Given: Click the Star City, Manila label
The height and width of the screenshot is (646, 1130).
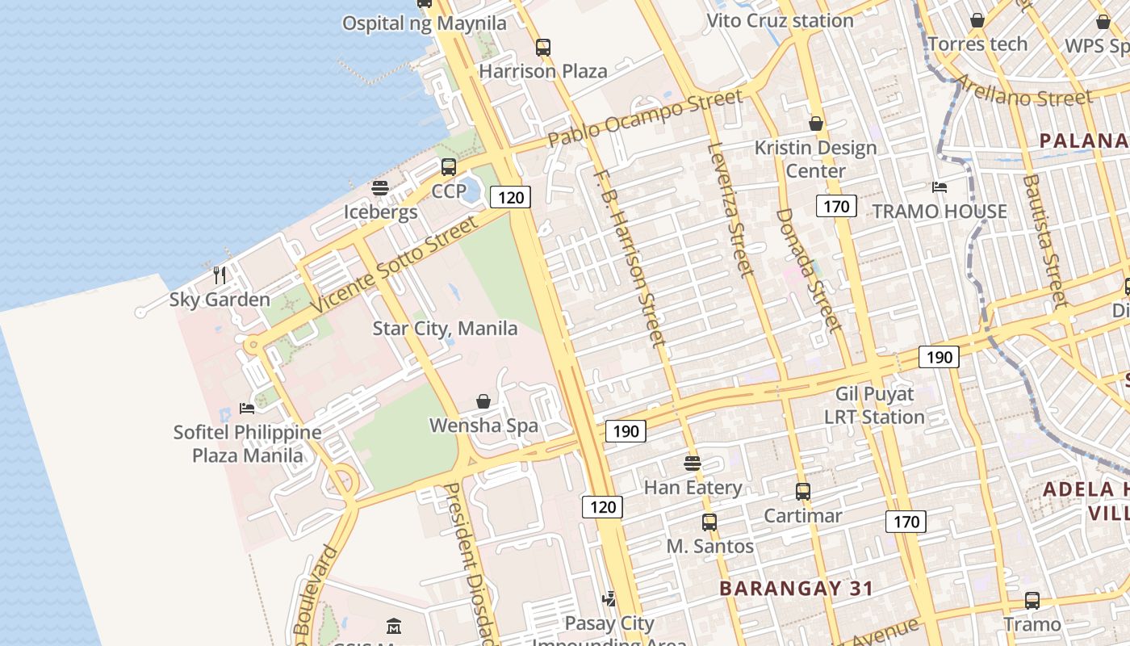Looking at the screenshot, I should [x=445, y=329].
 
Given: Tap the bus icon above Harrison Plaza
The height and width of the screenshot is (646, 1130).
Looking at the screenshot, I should [x=543, y=48].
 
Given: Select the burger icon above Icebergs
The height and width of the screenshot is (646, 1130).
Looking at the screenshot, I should [x=380, y=188].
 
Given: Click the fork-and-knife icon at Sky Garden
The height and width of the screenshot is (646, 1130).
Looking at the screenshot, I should [x=219, y=275].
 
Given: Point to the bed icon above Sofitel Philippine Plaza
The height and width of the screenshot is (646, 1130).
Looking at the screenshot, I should [x=247, y=408].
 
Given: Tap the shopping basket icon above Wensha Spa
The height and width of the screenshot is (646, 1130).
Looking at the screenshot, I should [x=483, y=401].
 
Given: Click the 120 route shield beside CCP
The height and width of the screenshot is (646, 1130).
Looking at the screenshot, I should [x=511, y=197].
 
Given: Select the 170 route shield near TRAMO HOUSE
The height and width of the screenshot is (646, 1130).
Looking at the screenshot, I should [x=836, y=206].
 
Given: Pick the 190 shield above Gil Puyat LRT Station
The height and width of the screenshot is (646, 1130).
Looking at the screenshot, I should [x=940, y=357].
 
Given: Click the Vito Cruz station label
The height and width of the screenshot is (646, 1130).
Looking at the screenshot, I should [x=780, y=21].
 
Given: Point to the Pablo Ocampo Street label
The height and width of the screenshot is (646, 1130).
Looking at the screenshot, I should [x=645, y=118].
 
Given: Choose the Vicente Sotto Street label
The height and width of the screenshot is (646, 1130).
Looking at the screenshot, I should [x=395, y=264].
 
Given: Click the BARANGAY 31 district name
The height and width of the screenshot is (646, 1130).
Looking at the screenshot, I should [x=796, y=588].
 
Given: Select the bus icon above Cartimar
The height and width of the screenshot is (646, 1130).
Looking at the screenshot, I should [x=803, y=492].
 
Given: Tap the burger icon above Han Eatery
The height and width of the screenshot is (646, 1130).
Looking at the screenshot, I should [x=693, y=464].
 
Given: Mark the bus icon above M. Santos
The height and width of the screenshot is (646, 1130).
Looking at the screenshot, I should [x=709, y=522].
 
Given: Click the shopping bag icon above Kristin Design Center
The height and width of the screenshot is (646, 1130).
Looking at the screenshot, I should [x=816, y=124].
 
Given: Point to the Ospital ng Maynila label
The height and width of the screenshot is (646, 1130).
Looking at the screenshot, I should [x=424, y=23].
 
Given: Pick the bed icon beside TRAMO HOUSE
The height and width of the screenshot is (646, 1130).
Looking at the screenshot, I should [x=940, y=187].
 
